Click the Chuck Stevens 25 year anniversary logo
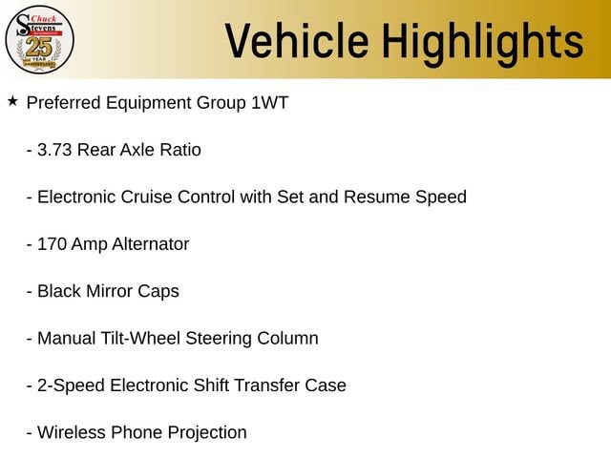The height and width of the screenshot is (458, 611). pyautogui.click(x=39, y=40)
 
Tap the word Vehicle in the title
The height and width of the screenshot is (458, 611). pyautogui.click(x=297, y=40)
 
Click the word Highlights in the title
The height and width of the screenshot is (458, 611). pyautogui.click(x=482, y=44)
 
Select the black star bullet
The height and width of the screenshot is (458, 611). pyautogui.click(x=12, y=101)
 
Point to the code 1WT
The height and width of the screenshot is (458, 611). pyautogui.click(x=269, y=103)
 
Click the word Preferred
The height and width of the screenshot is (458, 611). pyautogui.click(x=64, y=103)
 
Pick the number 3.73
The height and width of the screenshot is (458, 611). pyautogui.click(x=54, y=150)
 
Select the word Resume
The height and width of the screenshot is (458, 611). pyautogui.click(x=377, y=198)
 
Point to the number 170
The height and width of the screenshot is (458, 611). pyautogui.click(x=52, y=244)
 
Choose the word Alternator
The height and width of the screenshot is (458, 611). pyautogui.click(x=151, y=244)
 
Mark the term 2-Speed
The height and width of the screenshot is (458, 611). pyautogui.click(x=71, y=386)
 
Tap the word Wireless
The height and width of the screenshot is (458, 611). pyautogui.click(x=72, y=432)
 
